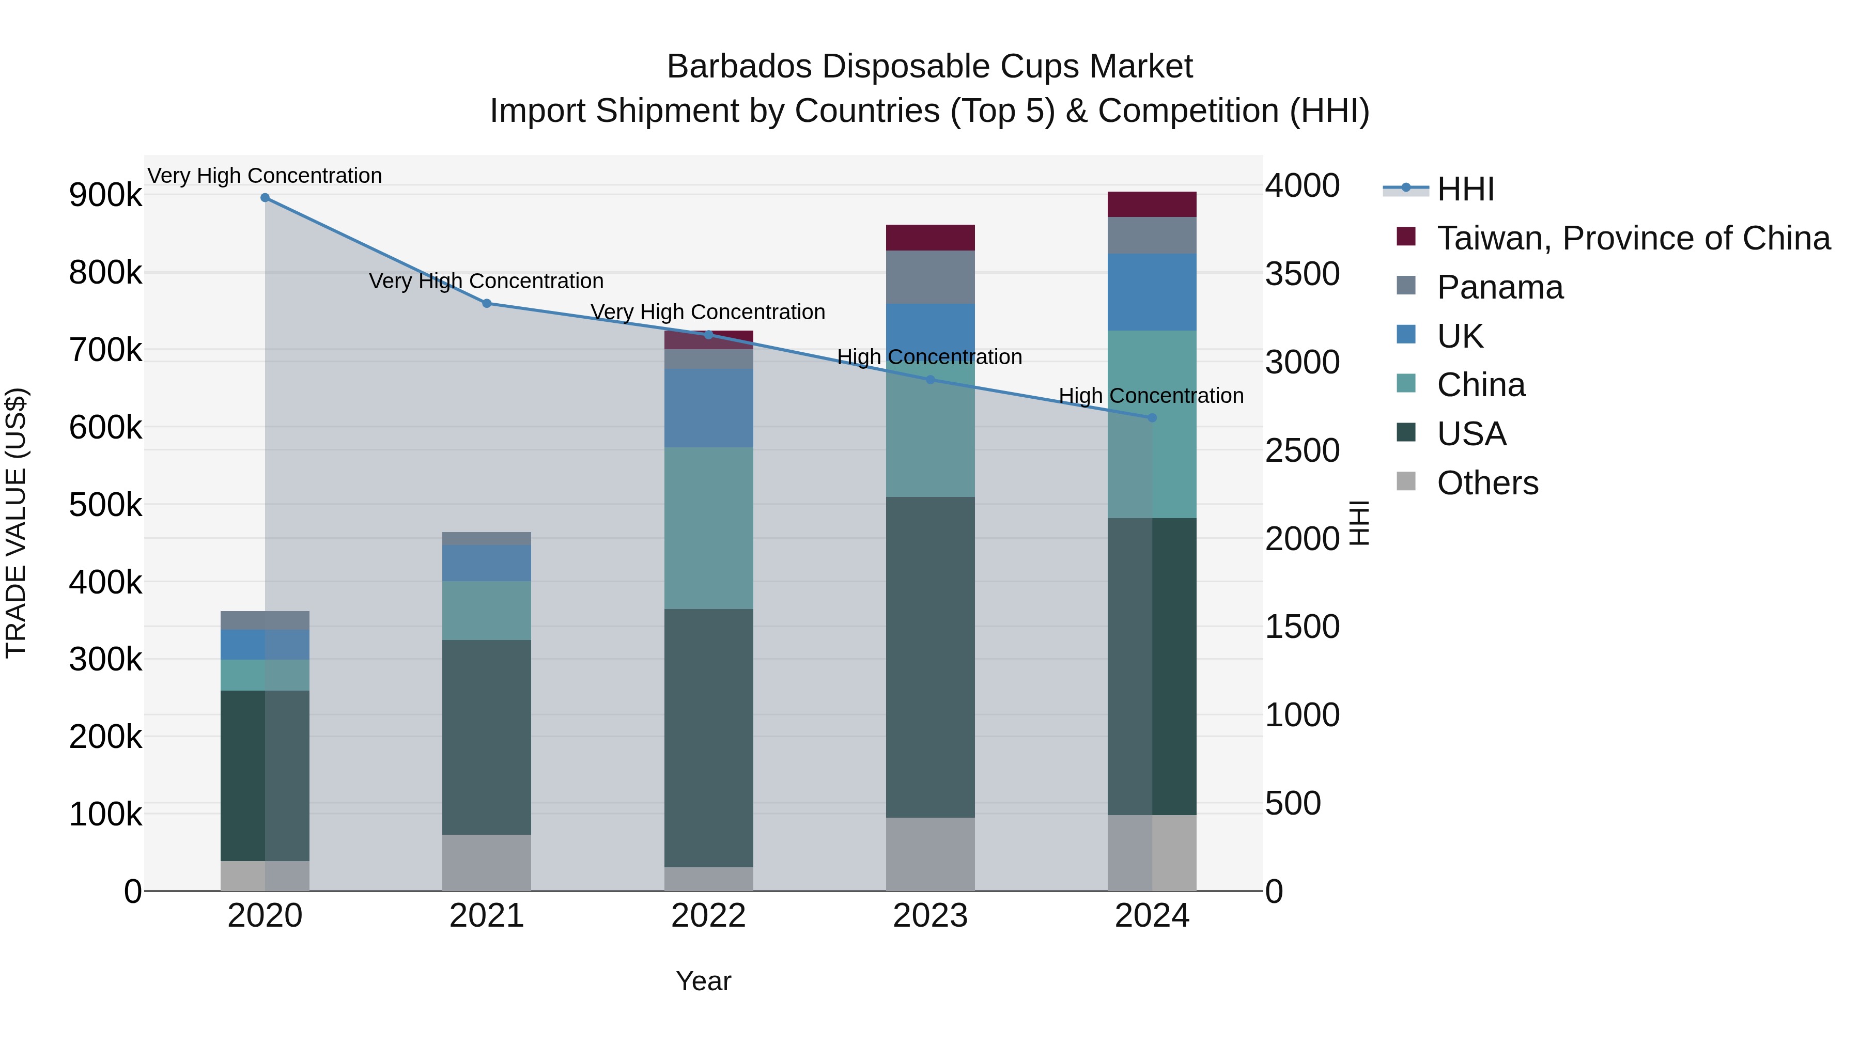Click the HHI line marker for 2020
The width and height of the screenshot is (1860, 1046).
pos(265,198)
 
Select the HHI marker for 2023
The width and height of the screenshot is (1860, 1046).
pos(930,380)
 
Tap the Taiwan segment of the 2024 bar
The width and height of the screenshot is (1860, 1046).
pos(1152,204)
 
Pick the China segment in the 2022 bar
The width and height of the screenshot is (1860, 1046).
pos(708,528)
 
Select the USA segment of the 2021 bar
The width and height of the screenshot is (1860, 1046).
pos(486,737)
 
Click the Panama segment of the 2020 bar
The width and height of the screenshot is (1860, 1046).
pos(265,620)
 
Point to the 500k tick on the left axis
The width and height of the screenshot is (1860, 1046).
pos(105,505)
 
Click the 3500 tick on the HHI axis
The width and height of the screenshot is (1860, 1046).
pos(1302,274)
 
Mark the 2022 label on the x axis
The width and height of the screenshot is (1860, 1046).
pos(708,916)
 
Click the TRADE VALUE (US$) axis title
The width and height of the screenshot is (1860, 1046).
pos(17,523)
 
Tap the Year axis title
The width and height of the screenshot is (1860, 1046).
pos(703,981)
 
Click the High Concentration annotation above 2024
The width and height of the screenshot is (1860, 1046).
pos(1151,396)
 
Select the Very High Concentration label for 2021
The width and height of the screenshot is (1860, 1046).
pos(486,281)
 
